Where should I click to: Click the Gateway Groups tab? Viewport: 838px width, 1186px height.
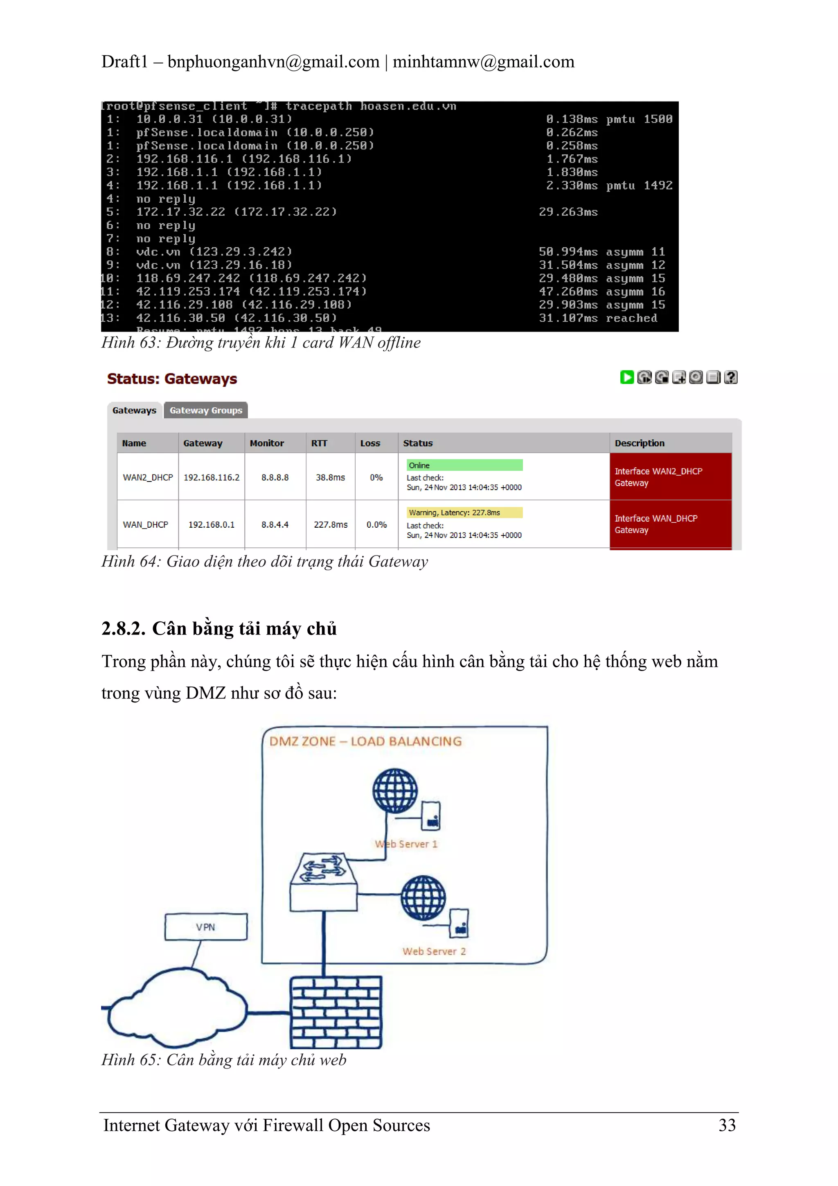click(x=205, y=410)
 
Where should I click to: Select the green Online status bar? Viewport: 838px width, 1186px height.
click(x=464, y=465)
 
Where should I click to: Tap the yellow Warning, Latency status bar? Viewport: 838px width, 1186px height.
click(x=464, y=513)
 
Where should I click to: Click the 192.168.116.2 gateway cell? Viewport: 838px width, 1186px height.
click(x=211, y=477)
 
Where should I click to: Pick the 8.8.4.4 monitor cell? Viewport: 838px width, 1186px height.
click(x=275, y=524)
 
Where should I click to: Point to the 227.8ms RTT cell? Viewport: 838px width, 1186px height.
click(x=331, y=524)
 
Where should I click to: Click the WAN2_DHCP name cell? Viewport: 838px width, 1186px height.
click(x=148, y=477)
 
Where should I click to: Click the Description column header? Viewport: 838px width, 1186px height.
click(x=639, y=443)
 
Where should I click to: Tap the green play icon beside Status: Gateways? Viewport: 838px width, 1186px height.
click(x=627, y=377)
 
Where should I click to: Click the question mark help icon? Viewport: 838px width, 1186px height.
click(x=731, y=377)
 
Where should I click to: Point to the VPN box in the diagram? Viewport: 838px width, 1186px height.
click(x=205, y=927)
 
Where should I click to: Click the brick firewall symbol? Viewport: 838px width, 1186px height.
click(x=336, y=1012)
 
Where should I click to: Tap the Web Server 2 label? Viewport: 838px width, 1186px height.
click(x=434, y=951)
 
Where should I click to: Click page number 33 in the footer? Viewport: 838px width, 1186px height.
click(x=727, y=1125)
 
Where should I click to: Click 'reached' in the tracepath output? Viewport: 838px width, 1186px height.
click(x=631, y=318)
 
